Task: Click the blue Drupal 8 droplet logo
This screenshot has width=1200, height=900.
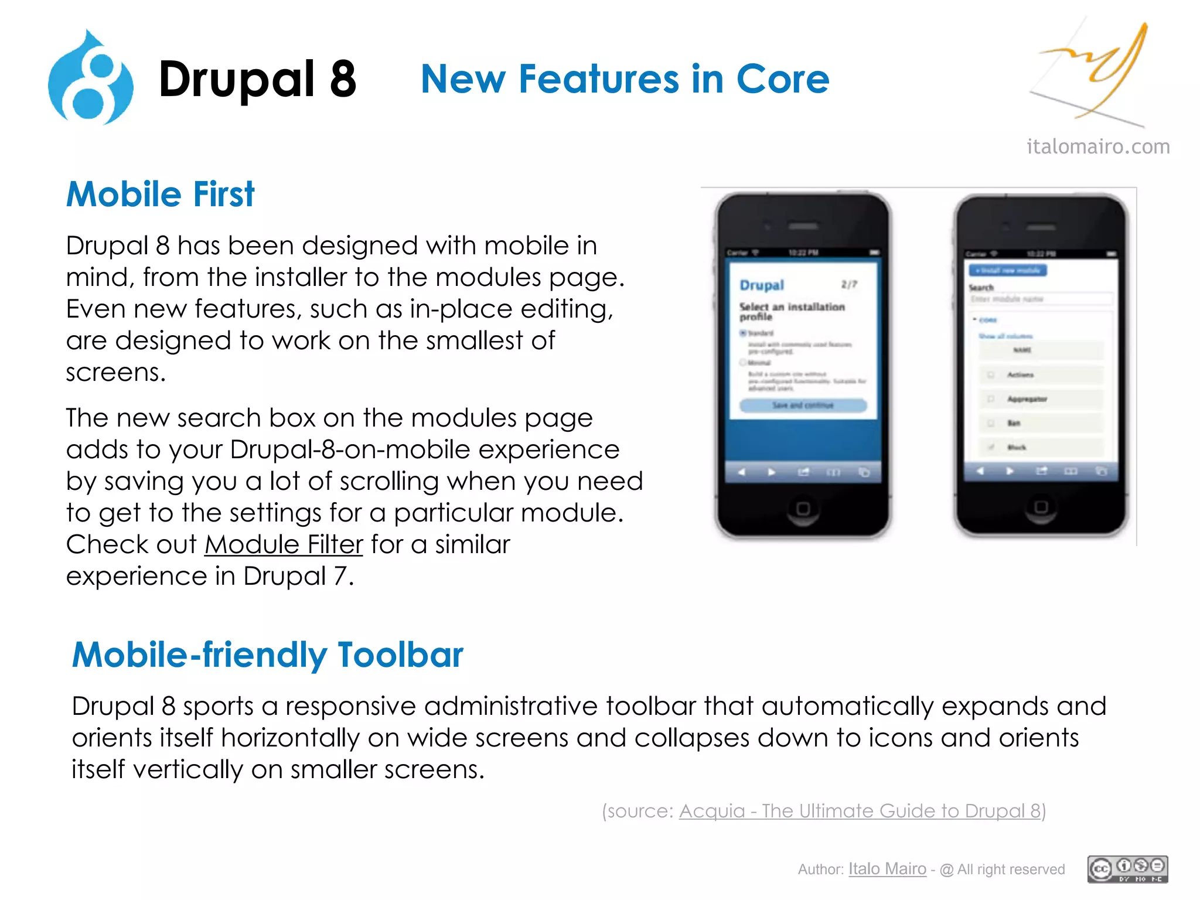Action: (91, 79)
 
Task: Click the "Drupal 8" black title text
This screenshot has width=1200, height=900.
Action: (257, 79)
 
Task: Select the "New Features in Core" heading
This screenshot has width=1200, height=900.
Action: (625, 79)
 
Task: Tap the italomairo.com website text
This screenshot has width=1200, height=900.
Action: (1097, 146)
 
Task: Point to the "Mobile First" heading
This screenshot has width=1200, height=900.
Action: (160, 195)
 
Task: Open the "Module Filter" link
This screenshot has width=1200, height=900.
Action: (284, 545)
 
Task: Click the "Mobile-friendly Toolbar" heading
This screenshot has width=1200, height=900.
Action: (267, 655)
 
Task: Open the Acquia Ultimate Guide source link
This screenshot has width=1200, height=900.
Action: (860, 811)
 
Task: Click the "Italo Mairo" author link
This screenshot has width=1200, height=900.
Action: (887, 869)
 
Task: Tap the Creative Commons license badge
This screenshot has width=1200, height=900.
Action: (1127, 869)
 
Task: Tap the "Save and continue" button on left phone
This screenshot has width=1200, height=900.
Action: (803, 405)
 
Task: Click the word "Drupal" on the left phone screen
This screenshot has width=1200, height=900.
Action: (762, 285)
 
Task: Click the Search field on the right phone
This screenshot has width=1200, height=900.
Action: (1040, 299)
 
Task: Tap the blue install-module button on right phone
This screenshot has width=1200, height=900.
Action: (1007, 270)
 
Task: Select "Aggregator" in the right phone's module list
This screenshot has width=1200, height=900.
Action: (1027, 399)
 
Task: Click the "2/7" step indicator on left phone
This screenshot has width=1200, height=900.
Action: (849, 285)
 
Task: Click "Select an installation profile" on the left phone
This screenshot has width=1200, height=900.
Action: (791, 311)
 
